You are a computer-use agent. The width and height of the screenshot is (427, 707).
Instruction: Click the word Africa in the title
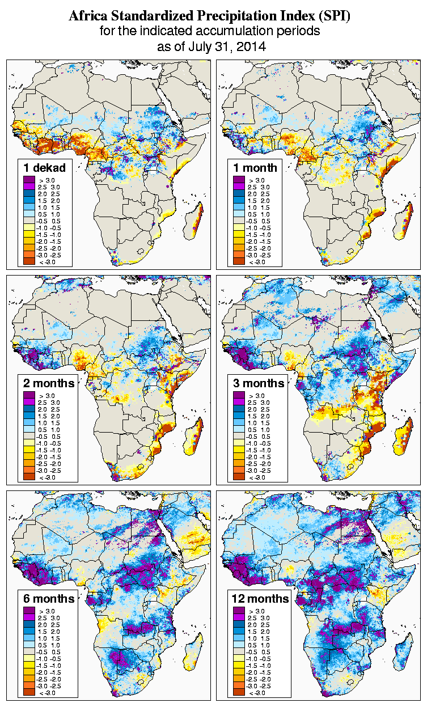(x=87, y=17)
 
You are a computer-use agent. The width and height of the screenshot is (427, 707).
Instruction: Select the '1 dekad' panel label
(x=45, y=167)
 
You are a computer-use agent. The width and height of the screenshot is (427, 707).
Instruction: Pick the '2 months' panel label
(x=49, y=383)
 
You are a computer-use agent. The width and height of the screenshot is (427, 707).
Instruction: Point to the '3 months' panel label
(x=259, y=383)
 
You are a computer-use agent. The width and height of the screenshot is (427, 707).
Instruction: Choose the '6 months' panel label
(x=49, y=599)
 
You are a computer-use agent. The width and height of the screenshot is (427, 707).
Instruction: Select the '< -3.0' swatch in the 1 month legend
(x=238, y=261)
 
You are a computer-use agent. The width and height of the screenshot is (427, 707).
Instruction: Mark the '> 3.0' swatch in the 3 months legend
(x=238, y=395)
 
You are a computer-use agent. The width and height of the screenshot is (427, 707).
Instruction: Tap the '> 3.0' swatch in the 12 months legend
(x=238, y=611)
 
